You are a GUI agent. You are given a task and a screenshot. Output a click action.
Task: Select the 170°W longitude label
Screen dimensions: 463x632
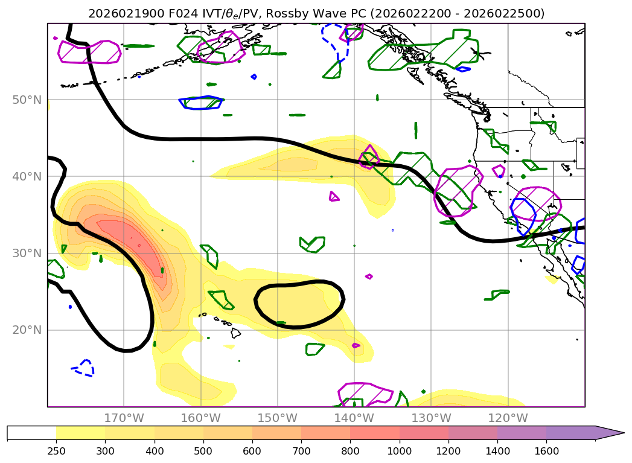pyautogui.click(x=124, y=418)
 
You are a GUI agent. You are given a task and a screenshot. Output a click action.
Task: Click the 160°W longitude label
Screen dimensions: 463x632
pyautogui.click(x=200, y=418)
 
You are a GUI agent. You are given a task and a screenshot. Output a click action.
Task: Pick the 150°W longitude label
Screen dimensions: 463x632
pyautogui.click(x=277, y=418)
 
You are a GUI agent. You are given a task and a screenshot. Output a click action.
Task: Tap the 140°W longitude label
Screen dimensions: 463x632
pyautogui.click(x=354, y=418)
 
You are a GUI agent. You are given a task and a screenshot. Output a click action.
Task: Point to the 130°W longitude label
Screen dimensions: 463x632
pyautogui.click(x=430, y=418)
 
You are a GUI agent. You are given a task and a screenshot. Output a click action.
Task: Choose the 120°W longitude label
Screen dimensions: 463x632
pyautogui.click(x=507, y=418)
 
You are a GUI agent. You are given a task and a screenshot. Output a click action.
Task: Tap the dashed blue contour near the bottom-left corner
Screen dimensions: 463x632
pyautogui.click(x=83, y=368)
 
